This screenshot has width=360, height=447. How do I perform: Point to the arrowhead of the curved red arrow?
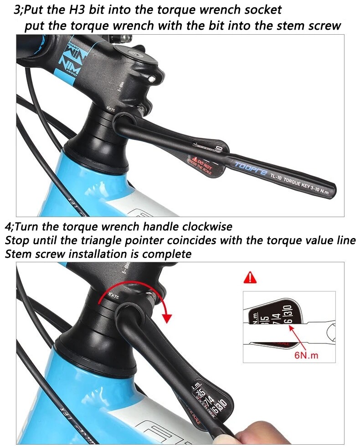(168, 317)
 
